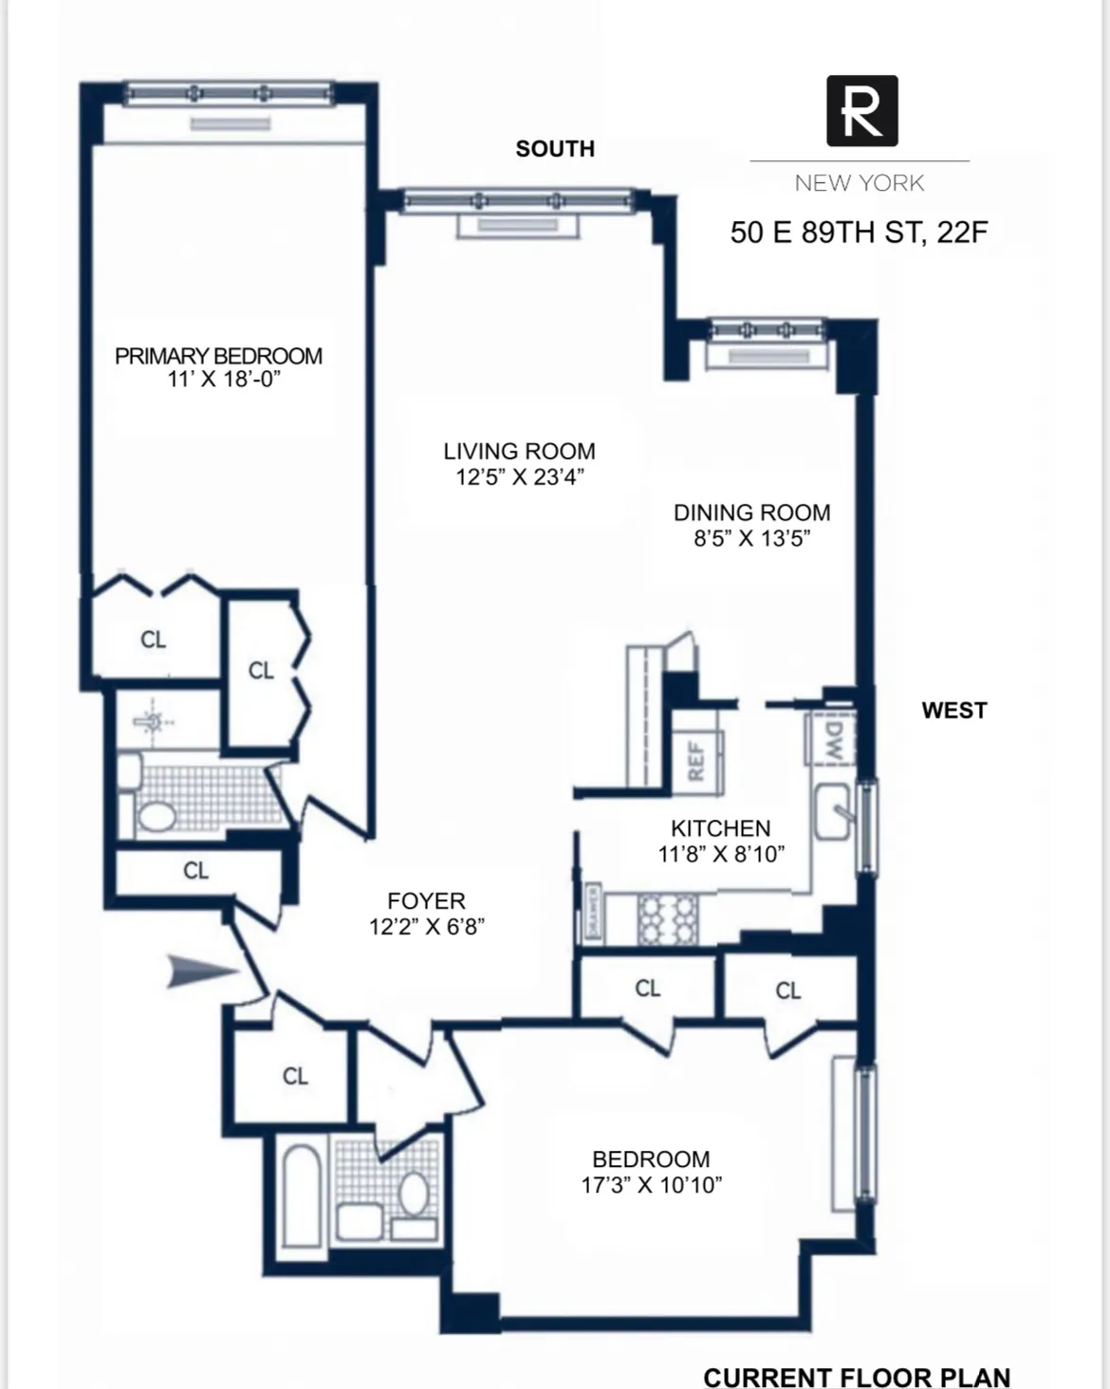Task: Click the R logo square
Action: (x=861, y=111)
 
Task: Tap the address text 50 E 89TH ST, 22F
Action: (x=859, y=232)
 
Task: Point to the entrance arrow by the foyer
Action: (x=202, y=972)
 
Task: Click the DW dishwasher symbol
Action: (x=831, y=738)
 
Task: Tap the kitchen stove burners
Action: (x=667, y=919)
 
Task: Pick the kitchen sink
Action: (x=833, y=812)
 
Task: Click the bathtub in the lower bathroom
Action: (x=303, y=1194)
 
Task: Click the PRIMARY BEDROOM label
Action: (x=218, y=356)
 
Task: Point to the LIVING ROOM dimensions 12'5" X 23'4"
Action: (x=519, y=477)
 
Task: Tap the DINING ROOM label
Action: (x=751, y=512)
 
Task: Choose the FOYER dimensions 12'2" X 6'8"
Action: (x=427, y=927)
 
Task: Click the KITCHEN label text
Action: (x=720, y=828)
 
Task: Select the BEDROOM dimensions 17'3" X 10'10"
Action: (x=651, y=1185)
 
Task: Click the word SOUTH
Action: (x=555, y=149)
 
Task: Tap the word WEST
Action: (x=953, y=711)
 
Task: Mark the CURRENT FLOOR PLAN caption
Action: (x=856, y=1377)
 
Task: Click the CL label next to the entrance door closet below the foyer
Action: (x=295, y=1076)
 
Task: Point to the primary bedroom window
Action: (x=229, y=93)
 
